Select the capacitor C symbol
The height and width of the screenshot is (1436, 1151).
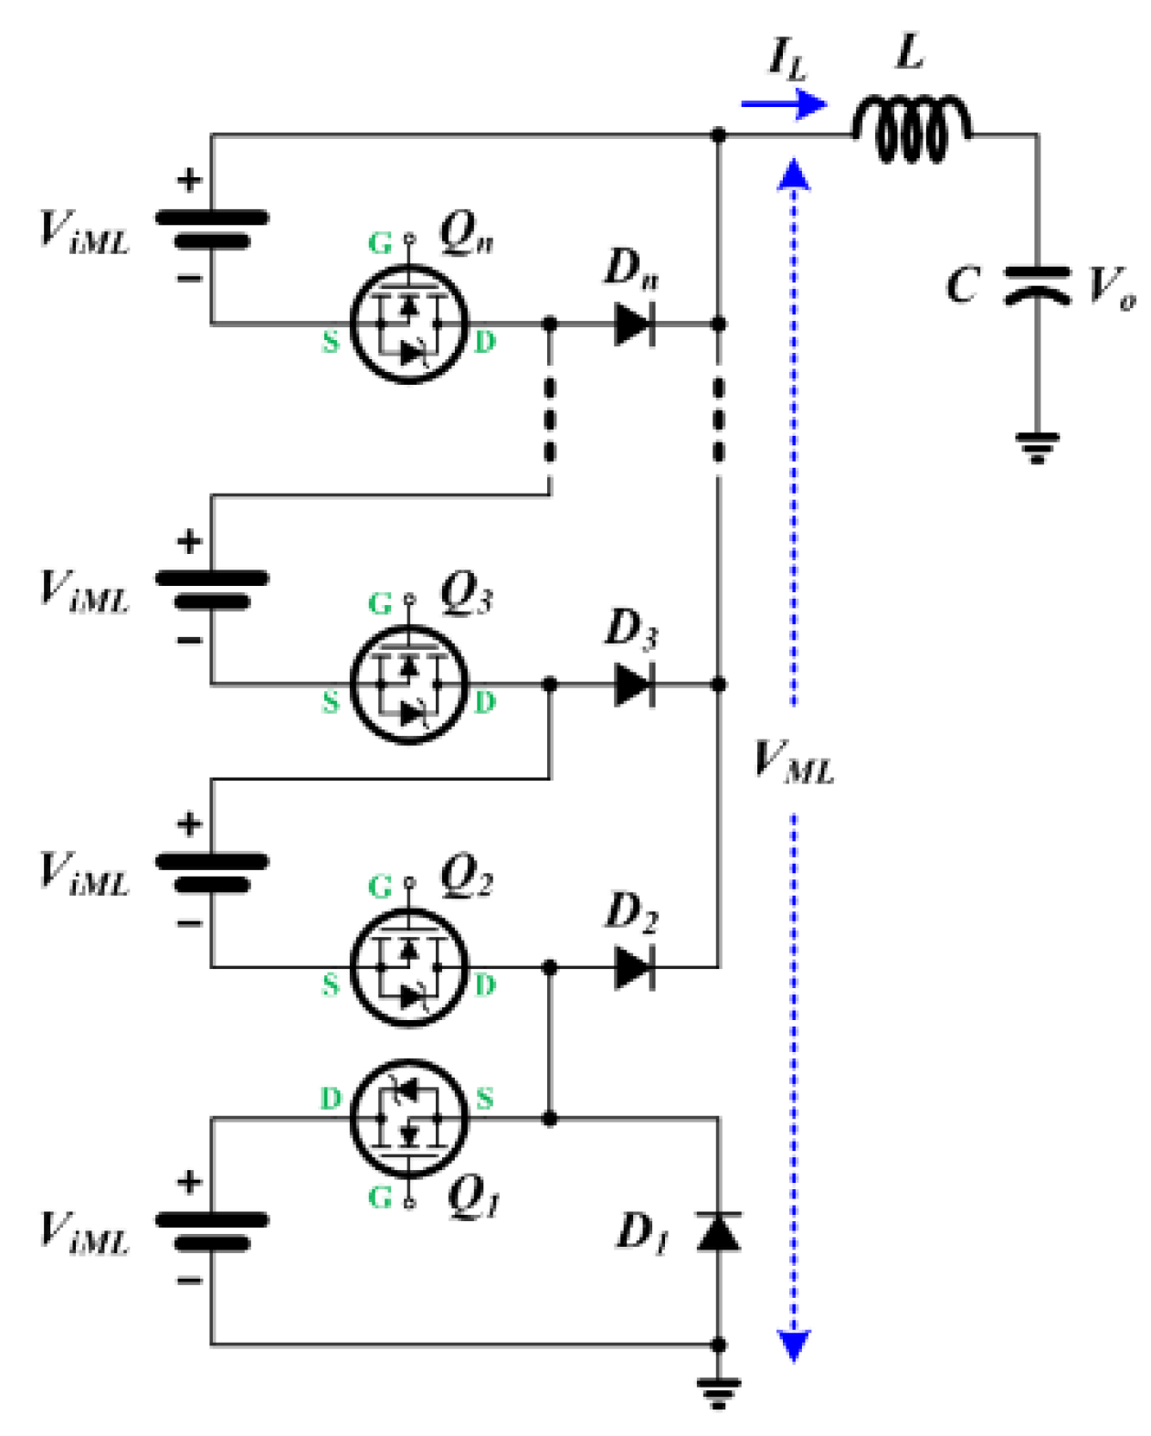pyautogui.click(x=1037, y=284)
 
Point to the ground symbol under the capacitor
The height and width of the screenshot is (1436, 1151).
pyautogui.click(x=1037, y=448)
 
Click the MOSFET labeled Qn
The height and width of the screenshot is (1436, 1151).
pyautogui.click(x=408, y=324)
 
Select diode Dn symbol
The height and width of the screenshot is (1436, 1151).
pyautogui.click(x=634, y=324)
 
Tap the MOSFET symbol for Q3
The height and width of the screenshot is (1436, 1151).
pyautogui.click(x=408, y=684)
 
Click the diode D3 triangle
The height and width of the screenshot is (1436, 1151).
pyautogui.click(x=634, y=684)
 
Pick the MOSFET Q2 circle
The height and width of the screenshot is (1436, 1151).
pyautogui.click(x=408, y=967)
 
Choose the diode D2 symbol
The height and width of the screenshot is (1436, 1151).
pyautogui.click(x=634, y=967)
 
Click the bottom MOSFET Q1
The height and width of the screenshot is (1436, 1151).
pyautogui.click(x=408, y=1118)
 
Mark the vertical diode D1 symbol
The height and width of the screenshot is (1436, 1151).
pyautogui.click(x=719, y=1231)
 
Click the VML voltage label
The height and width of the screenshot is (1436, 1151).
pyautogui.click(x=793, y=761)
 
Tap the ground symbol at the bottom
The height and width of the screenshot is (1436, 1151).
pyautogui.click(x=719, y=1392)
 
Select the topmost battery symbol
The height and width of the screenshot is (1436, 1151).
pyautogui.click(x=212, y=229)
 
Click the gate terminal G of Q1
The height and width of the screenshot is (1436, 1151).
pyautogui.click(x=409, y=1203)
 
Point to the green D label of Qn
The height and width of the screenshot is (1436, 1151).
pyautogui.click(x=485, y=342)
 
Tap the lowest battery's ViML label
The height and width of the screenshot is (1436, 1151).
pyautogui.click(x=84, y=1231)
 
